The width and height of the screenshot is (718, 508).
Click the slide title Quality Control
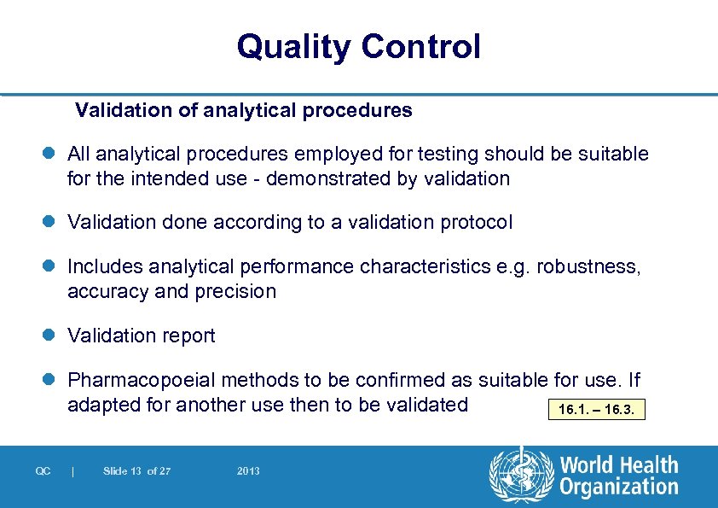point(358,46)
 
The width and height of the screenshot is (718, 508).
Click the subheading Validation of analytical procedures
point(244,110)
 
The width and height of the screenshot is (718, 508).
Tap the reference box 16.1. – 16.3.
point(596,410)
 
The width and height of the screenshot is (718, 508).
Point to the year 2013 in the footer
point(248,471)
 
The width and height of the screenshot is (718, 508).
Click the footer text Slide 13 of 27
point(136,471)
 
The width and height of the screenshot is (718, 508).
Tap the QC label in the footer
point(43,471)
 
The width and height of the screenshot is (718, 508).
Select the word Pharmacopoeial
point(133,379)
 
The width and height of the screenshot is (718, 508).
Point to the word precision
point(235,291)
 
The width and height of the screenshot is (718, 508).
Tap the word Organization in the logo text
point(619,488)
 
